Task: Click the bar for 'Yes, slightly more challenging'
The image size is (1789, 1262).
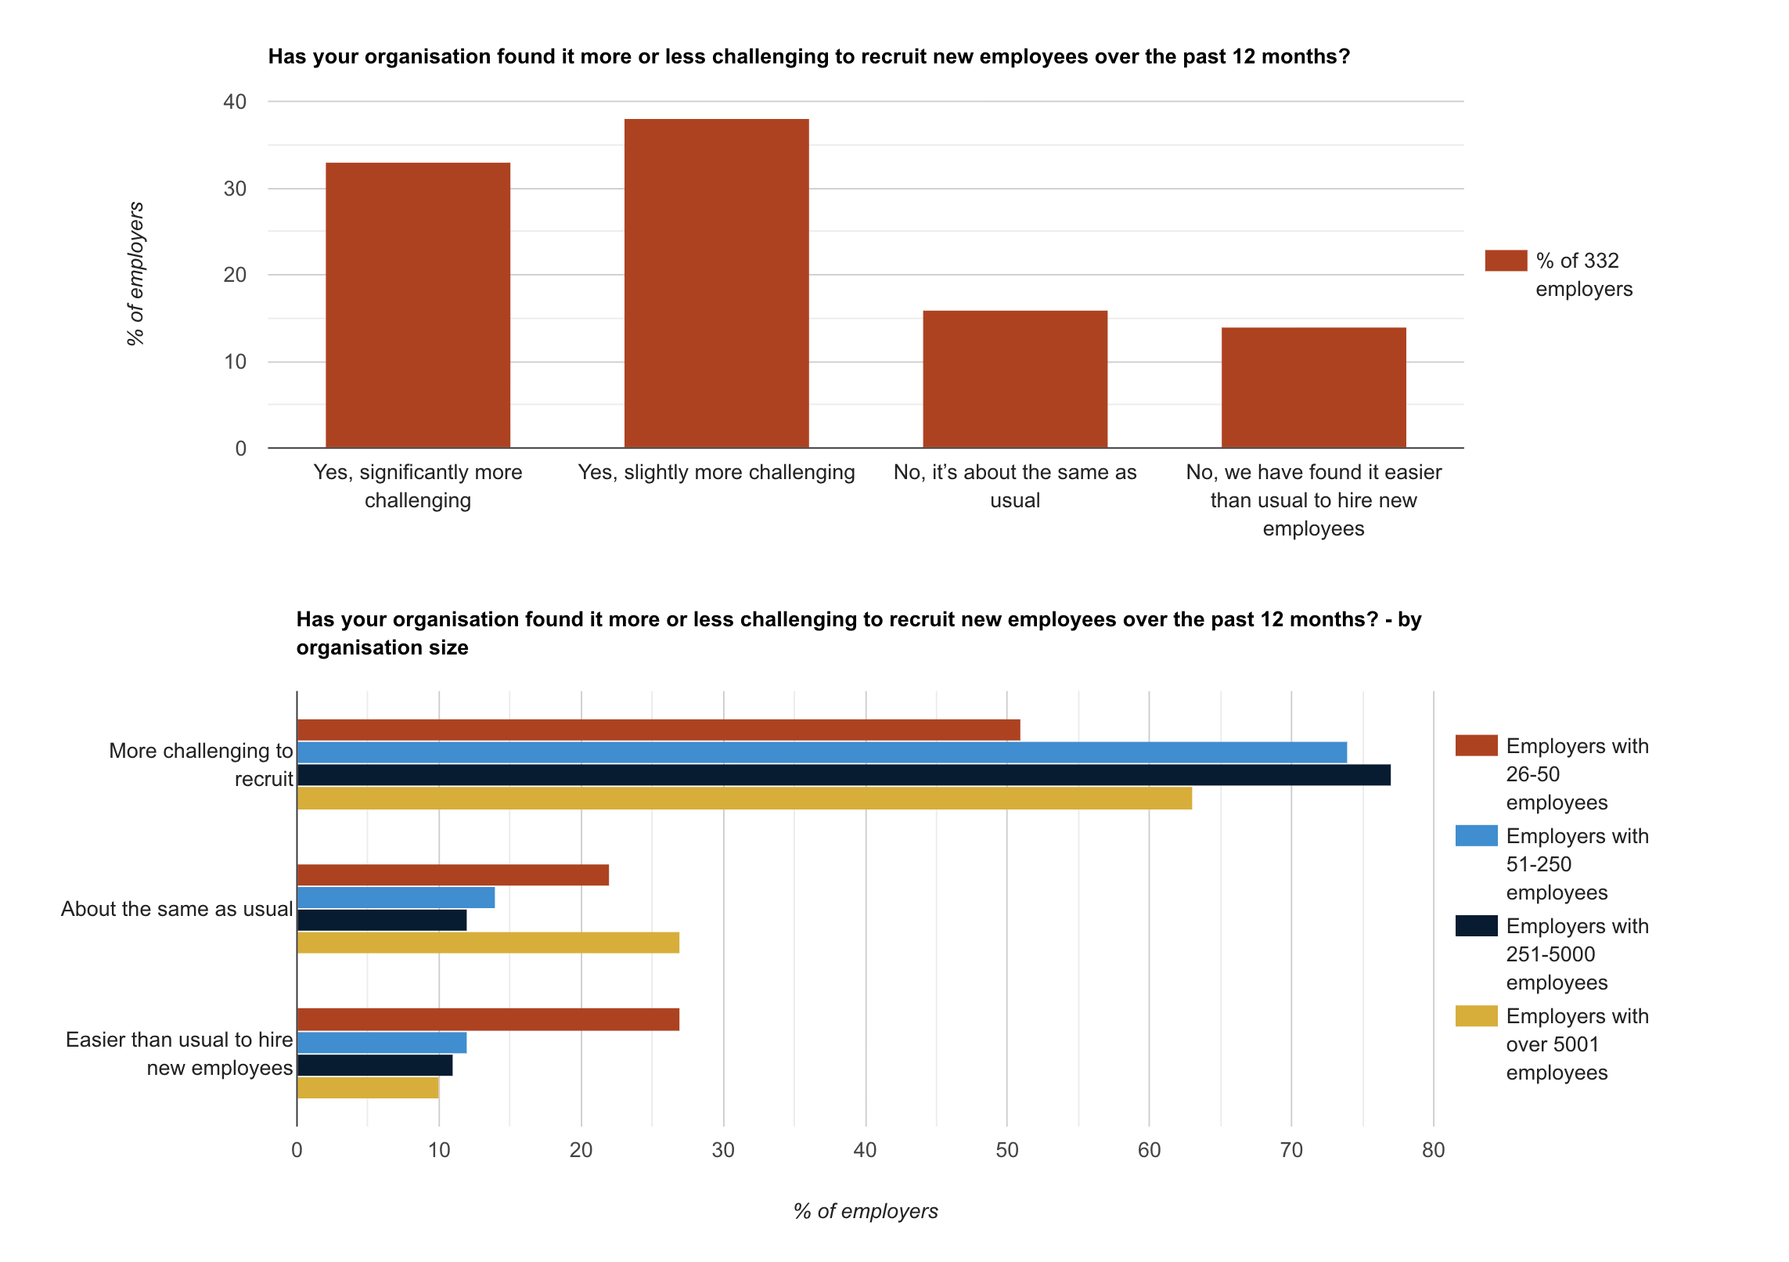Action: pyautogui.click(x=716, y=283)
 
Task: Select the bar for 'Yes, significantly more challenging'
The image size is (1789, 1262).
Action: pyautogui.click(x=418, y=305)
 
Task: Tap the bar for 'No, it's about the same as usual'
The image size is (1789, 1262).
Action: pyautogui.click(x=1015, y=379)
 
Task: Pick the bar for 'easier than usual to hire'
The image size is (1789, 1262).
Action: pyautogui.click(x=1313, y=388)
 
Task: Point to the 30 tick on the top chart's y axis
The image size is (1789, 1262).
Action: pyautogui.click(x=235, y=189)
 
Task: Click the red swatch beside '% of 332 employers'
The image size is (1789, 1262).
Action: pyautogui.click(x=1505, y=261)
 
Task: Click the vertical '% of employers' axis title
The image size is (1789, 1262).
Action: pyautogui.click(x=135, y=273)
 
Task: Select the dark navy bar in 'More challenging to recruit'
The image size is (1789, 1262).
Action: pyautogui.click(x=844, y=775)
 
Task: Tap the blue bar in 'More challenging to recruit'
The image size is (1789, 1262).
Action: pyautogui.click(x=822, y=752)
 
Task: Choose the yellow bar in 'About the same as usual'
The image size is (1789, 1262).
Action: pyautogui.click(x=488, y=943)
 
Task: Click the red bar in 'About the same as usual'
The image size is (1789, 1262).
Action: pyautogui.click(x=452, y=875)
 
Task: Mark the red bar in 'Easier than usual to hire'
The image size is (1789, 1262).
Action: pyautogui.click(x=488, y=1019)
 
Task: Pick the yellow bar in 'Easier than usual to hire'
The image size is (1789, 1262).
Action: pyautogui.click(x=368, y=1088)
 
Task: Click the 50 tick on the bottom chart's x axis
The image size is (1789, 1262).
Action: pyautogui.click(x=1007, y=1150)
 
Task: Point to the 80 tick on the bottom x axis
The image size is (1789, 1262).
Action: pyautogui.click(x=1433, y=1150)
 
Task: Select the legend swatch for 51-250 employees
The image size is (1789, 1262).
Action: pyautogui.click(x=1476, y=836)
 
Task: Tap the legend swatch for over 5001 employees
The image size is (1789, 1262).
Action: pyautogui.click(x=1476, y=1016)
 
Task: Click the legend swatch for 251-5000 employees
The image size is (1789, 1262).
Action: pyautogui.click(x=1476, y=926)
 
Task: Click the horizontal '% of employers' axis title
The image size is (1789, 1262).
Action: pyautogui.click(x=866, y=1211)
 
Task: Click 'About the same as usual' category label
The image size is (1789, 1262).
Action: pyautogui.click(x=177, y=909)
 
